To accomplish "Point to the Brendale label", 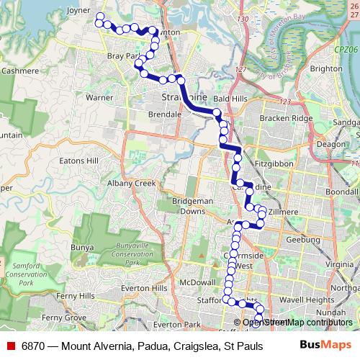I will pos(163,114).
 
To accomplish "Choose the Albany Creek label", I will pos(134,184).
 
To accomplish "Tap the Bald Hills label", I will pos(230,99).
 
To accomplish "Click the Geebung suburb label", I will pos(302,239).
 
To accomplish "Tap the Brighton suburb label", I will pos(326,68).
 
